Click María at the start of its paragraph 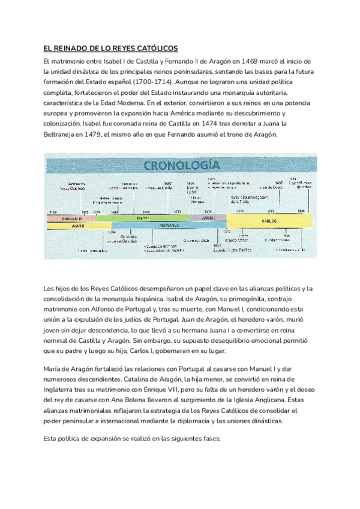coord(55,368)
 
